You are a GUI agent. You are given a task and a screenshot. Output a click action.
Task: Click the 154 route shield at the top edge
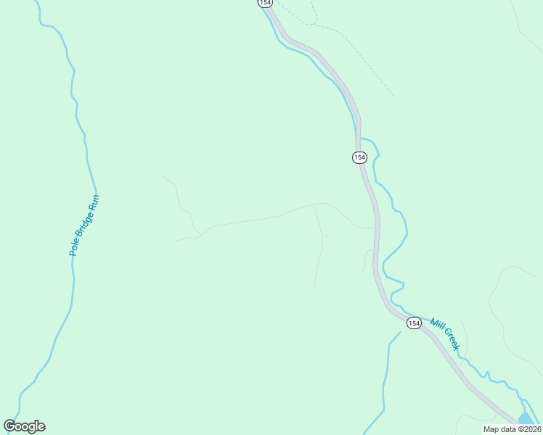click(265, 3)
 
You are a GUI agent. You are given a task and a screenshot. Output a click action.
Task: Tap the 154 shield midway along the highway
click(360, 157)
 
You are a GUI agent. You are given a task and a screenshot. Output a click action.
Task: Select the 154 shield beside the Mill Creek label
click(413, 323)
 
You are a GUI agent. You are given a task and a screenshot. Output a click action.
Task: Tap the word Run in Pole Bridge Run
click(94, 202)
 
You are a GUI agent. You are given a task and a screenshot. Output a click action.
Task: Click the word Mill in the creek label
click(437, 326)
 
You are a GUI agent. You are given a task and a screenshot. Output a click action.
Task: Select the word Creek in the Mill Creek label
click(451, 340)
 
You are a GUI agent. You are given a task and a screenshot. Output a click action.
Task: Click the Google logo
click(25, 426)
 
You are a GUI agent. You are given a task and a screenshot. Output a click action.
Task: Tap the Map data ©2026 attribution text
click(513, 429)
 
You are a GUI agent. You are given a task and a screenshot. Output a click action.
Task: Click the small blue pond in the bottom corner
click(527, 419)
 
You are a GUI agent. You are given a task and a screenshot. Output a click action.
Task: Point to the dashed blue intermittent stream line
click(363, 65)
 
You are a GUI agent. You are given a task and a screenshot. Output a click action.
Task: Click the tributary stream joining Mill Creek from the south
click(385, 377)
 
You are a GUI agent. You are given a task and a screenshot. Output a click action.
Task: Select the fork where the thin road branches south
click(314, 205)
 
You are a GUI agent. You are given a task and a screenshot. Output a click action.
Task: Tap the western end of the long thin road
click(179, 239)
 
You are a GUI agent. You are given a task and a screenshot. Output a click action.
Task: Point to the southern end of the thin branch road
click(314, 286)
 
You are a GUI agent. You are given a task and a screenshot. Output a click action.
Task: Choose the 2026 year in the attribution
click(530, 429)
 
